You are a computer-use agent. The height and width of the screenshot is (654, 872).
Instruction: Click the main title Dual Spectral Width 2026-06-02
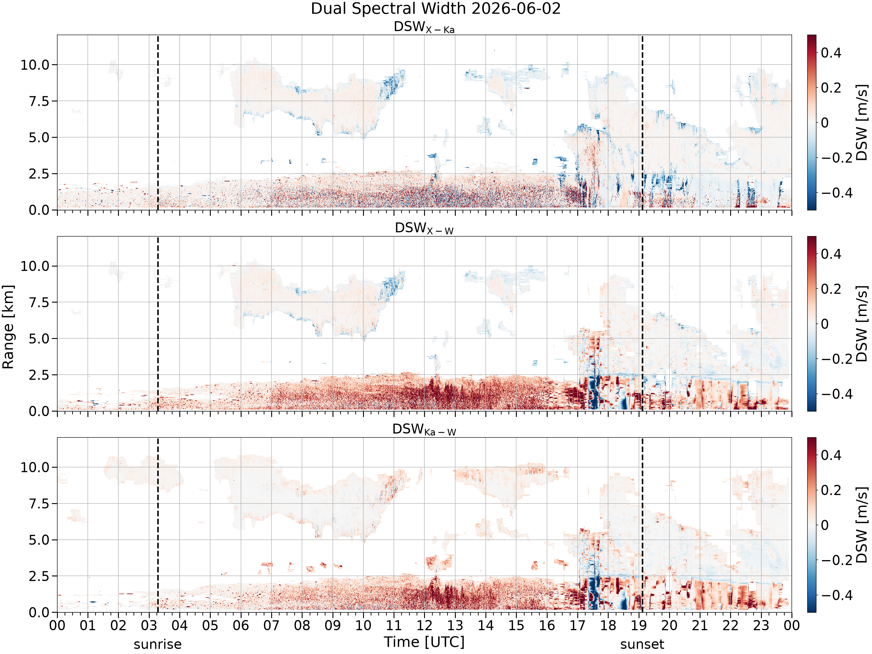click(x=436, y=9)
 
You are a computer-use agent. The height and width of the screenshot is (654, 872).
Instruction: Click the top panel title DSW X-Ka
click(x=424, y=27)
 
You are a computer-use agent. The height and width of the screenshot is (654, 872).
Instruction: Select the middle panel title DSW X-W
click(x=424, y=229)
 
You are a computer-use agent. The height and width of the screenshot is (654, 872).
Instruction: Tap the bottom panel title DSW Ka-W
click(x=424, y=430)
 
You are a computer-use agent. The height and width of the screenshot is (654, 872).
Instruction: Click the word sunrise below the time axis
click(x=158, y=644)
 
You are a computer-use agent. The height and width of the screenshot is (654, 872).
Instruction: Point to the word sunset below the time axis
click(x=642, y=644)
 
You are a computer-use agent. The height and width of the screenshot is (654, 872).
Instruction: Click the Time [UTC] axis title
click(x=424, y=642)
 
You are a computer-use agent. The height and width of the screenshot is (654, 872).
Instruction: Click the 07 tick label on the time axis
click(x=271, y=625)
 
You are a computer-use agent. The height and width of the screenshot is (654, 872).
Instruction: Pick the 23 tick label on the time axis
click(x=761, y=625)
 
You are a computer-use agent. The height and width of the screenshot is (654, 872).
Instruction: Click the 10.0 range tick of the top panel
click(x=35, y=65)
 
